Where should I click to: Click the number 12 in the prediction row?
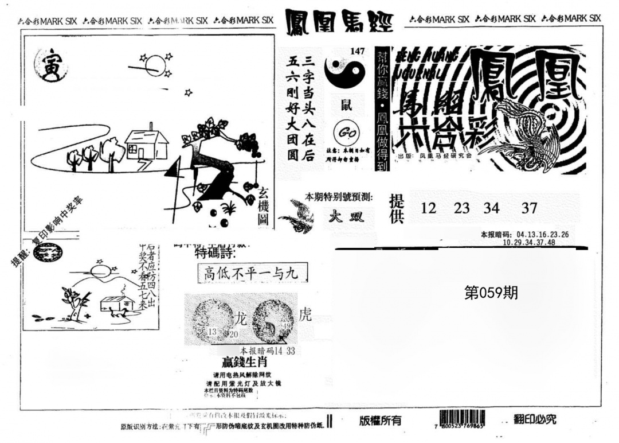428,208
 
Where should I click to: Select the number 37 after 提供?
529,208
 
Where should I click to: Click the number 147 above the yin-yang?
357,52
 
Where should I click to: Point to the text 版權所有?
381,421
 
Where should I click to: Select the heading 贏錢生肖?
245,363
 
